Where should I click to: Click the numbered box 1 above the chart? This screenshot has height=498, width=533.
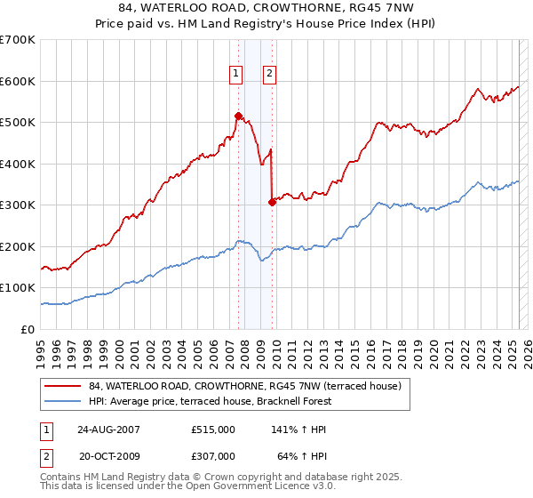coord(236,75)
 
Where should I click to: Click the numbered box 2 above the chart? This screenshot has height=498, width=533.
coord(268,75)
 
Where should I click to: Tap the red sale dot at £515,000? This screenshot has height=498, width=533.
coord(238,116)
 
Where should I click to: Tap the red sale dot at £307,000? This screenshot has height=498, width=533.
coord(272,202)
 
